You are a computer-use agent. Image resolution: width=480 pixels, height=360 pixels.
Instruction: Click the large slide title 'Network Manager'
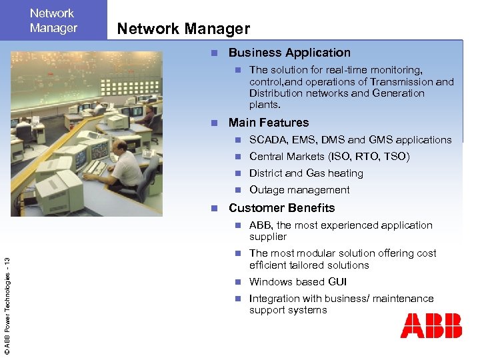tap(183, 29)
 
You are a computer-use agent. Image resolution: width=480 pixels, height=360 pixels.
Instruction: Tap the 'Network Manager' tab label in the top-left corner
tap(53, 21)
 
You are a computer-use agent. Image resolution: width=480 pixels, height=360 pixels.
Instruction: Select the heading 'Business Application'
tap(289, 53)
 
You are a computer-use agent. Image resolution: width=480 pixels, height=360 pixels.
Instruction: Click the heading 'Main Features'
tap(269, 123)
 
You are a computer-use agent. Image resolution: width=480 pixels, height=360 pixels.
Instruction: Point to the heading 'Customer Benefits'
tap(281, 208)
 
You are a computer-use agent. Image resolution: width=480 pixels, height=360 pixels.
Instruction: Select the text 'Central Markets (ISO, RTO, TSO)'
tap(329, 157)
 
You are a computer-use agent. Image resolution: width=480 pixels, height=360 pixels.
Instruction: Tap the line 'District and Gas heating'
tap(306, 173)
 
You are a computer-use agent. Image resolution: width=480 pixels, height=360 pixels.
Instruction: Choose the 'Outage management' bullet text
tap(299, 190)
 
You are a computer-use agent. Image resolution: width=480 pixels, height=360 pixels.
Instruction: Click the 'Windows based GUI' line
tap(298, 282)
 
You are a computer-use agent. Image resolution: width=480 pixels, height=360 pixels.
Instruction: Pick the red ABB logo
tap(431, 326)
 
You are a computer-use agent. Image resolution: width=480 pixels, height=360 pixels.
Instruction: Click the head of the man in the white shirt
tap(119, 147)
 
